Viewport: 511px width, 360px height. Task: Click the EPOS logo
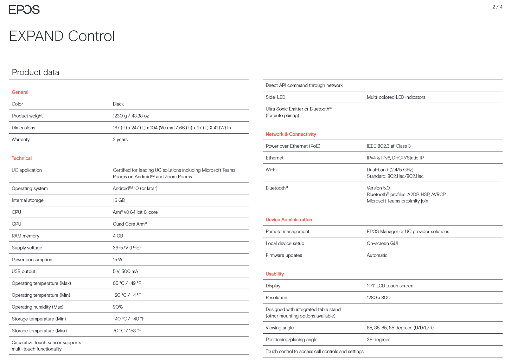pyautogui.click(x=24, y=9)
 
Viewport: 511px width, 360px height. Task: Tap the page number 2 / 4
pyautogui.click(x=497, y=7)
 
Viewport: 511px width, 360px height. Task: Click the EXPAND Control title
pyautogui.click(x=62, y=36)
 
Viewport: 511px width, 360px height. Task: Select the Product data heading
pyautogui.click(x=36, y=72)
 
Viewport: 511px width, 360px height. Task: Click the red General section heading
pyautogui.click(x=20, y=92)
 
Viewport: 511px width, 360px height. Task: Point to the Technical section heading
pyautogui.click(x=21, y=158)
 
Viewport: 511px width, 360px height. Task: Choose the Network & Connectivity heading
pyautogui.click(x=291, y=134)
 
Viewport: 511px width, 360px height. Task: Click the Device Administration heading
pyautogui.click(x=289, y=220)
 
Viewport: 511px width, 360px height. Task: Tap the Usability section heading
pyautogui.click(x=275, y=274)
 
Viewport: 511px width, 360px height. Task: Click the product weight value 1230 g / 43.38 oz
pyautogui.click(x=131, y=116)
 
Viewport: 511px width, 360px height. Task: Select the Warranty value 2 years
pyautogui.click(x=120, y=140)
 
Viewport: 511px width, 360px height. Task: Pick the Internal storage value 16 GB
pyautogui.click(x=119, y=200)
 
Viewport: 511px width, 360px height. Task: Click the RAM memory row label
pyautogui.click(x=26, y=236)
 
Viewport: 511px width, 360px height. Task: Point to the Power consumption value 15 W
pyautogui.click(x=117, y=260)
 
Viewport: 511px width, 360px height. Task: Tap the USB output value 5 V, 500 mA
pyautogui.click(x=126, y=271)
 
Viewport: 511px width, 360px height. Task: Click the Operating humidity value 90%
pyautogui.click(x=118, y=307)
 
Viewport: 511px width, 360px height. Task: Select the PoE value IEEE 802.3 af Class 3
pyautogui.click(x=389, y=146)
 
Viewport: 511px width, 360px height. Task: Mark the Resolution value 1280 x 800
pyautogui.click(x=378, y=298)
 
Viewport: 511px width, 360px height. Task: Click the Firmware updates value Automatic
pyautogui.click(x=377, y=255)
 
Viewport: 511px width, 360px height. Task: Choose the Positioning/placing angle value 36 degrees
pyautogui.click(x=378, y=340)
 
